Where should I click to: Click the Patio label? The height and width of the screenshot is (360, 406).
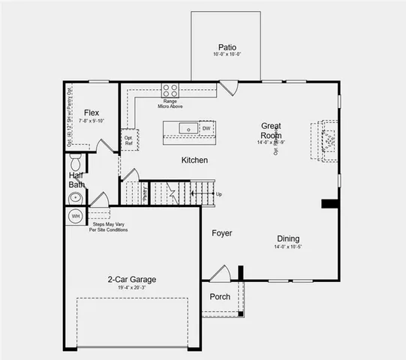coord(228,46)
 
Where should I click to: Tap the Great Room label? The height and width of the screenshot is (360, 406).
coord(271,130)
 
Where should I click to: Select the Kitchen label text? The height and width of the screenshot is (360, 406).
coord(194,160)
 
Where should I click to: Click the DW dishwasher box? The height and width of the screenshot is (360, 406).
coord(206,128)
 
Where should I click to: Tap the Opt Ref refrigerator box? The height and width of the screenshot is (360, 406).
coord(129,140)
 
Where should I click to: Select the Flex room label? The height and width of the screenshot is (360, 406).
coord(92,111)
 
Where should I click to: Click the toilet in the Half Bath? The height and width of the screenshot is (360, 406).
coord(75,163)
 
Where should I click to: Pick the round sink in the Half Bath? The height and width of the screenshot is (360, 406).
coord(74,199)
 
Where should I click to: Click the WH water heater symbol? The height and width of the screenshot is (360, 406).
coord(75,216)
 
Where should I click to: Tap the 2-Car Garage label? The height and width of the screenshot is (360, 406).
coord(131,280)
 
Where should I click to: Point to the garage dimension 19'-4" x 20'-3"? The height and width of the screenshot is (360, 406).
coord(131,289)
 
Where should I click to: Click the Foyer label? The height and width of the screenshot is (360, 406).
coord(221,233)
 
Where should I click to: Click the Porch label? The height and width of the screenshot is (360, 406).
coord(220,296)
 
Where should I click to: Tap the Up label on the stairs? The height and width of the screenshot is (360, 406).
coord(219,194)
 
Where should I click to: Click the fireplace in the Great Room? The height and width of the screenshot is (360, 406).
coord(329,140)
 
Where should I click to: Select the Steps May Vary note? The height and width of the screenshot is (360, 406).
coord(109,226)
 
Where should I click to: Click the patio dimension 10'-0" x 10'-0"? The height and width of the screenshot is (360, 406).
coord(228,55)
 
